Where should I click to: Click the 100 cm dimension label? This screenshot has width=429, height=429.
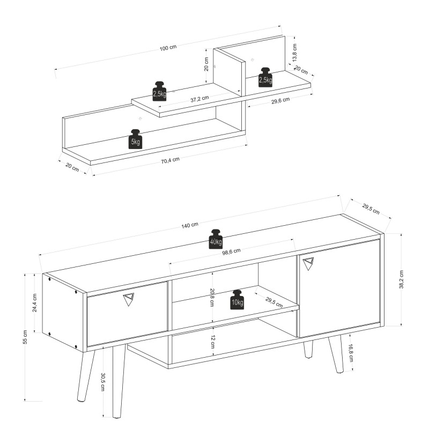coord(168,48)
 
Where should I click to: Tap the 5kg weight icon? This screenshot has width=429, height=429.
coord(136,139)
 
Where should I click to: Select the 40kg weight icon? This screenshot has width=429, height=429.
coord(216,239)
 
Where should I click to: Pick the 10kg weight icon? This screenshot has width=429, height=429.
coord(237,300)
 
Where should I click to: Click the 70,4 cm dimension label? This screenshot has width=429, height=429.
coord(170,160)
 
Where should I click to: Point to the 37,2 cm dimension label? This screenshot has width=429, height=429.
coord(199,99)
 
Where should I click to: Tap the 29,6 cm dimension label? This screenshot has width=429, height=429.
coord(280,101)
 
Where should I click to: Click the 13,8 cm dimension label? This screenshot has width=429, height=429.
coord(294,53)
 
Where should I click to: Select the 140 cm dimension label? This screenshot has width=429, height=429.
coord(190,225)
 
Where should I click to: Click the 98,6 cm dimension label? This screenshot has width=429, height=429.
coord(231,252)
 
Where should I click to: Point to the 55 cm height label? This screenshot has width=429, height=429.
coord(25,337)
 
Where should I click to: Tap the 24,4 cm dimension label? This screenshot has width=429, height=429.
coord(34,303)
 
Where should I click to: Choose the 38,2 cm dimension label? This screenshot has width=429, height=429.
coord(401,279)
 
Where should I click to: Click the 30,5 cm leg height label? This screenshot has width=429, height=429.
coord(103,382)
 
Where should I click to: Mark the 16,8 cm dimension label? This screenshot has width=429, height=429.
coord(351,353)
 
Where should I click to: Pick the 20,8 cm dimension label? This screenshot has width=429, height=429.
coord(211,298)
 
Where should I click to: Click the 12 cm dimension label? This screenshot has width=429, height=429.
coord(213,342)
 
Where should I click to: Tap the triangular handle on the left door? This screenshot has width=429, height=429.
coord(129,299)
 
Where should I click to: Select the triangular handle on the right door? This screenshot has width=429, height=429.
coord(308,264)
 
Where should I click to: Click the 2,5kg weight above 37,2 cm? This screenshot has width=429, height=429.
coord(159,91)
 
